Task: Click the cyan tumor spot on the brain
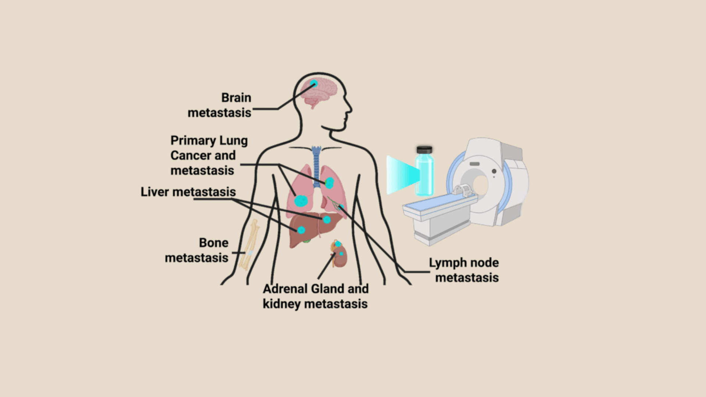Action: coord(314,83)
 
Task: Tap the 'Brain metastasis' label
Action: coord(220,105)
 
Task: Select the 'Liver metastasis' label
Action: coord(188,192)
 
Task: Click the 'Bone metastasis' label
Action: coord(197,250)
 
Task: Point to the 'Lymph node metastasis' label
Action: coord(464,270)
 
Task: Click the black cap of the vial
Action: coord(424,150)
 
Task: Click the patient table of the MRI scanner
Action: coord(438,213)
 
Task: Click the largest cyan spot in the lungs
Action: coord(301,201)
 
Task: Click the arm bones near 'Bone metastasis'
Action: coord(250,244)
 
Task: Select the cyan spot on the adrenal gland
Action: coord(338,244)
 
